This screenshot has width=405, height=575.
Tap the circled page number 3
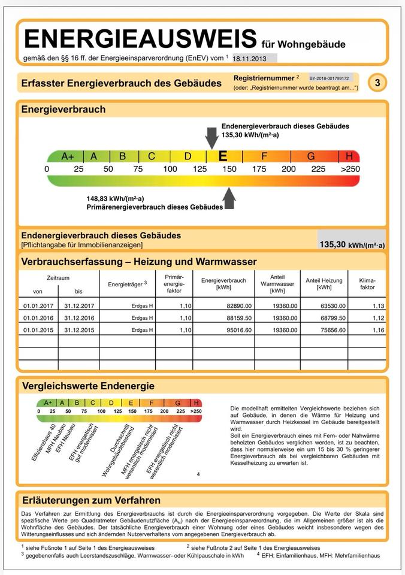[x=377, y=83]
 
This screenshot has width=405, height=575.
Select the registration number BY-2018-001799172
[x=329, y=78]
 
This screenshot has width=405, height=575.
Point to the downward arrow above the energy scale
[x=211, y=137]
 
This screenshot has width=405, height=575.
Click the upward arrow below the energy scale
[x=229, y=198]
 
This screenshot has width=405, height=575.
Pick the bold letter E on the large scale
[x=223, y=157]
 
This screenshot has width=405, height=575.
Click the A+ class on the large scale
[x=68, y=157]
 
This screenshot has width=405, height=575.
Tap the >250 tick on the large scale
[x=350, y=169]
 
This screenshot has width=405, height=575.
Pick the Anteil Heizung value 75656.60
[x=324, y=330]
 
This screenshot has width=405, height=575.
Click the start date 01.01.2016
[x=38, y=318]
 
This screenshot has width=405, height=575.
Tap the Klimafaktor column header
[x=367, y=284]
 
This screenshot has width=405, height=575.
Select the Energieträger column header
[x=127, y=284]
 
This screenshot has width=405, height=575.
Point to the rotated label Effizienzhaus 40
[x=43, y=443]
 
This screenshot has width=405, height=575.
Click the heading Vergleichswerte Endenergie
[x=87, y=386]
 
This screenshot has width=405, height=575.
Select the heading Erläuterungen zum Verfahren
[x=90, y=500]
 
